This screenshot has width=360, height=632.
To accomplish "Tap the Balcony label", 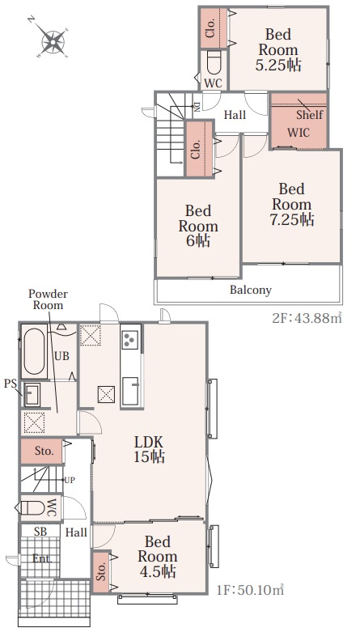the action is click(x=250, y=290).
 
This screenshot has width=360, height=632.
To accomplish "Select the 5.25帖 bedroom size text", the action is click(x=278, y=65).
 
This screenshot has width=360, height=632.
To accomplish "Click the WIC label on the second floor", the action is click(x=299, y=132).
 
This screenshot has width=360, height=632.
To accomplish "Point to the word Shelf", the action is click(x=310, y=114).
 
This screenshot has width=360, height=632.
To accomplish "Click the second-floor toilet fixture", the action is click(x=214, y=62).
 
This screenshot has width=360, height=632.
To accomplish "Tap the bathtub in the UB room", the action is click(x=34, y=351).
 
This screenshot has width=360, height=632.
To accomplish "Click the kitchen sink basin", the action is click(x=130, y=390).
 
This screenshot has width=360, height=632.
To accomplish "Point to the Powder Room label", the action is click(x=48, y=299).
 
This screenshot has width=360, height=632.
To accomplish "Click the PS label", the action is click(x=10, y=384).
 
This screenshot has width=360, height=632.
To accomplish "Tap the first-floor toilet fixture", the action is click(x=32, y=508).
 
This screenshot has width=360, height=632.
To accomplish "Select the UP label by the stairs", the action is click(x=70, y=480).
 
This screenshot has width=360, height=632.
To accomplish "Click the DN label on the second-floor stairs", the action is click(x=197, y=106).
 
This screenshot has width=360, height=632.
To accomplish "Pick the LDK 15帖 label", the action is click(x=149, y=448).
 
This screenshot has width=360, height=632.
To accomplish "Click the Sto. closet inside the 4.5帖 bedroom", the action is click(x=101, y=572).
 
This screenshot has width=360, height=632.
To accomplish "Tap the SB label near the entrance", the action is click(x=40, y=532).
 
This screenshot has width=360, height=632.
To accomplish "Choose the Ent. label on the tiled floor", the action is click(x=42, y=559).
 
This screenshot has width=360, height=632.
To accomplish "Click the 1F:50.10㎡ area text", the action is click(x=250, y=591).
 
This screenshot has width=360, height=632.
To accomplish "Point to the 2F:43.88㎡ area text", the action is click(x=307, y=318).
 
